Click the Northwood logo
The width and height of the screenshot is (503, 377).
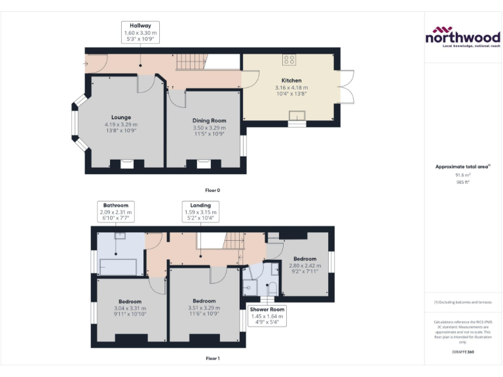(x=463, y=37)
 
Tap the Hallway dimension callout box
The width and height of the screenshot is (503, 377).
(x=140, y=32)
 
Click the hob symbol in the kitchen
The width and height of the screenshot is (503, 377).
(x=289, y=60)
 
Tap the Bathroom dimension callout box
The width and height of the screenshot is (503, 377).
(x=115, y=212)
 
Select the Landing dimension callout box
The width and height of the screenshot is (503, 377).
(x=200, y=212)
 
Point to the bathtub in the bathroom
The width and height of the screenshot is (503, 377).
(x=117, y=266)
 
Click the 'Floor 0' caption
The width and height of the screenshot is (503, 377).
(x=212, y=190)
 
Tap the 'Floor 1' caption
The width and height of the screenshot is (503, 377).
(x=212, y=359)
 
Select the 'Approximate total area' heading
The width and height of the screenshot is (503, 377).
(x=462, y=167)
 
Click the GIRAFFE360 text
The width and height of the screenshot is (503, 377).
(x=463, y=352)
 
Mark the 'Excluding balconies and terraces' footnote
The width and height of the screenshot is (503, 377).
(x=463, y=302)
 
